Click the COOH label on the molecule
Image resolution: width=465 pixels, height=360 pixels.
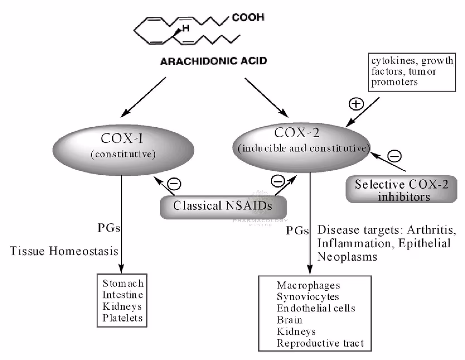coord(248,17)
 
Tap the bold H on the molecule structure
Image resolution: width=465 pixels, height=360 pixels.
coord(186,28)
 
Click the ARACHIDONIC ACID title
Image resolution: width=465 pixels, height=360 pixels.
coord(214,61)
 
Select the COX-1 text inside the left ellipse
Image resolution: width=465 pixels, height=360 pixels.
coord(122,138)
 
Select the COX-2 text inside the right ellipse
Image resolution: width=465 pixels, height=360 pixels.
coord(297,133)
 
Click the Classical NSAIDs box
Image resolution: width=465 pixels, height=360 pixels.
coord(223,206)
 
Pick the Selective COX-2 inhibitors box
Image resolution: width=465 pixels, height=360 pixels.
coord(401,190)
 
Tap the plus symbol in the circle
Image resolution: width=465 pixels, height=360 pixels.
coord(356,104)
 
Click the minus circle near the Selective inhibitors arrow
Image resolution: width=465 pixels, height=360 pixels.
coord(394,156)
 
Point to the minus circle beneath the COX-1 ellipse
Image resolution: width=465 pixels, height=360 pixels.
coord(174,184)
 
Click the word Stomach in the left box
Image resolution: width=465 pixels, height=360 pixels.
coord(123,283)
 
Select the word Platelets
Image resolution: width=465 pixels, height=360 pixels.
coord(122,318)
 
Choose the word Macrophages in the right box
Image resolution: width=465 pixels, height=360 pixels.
coord(308,285)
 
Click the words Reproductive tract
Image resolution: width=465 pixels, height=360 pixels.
coord(320,343)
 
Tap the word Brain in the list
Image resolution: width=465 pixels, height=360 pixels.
coord(289,320)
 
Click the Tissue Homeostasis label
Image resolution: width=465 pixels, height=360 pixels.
coord(64,251)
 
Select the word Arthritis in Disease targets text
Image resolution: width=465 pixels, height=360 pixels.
coord(431,230)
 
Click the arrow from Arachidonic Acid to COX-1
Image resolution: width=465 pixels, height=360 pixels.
coord(143,97)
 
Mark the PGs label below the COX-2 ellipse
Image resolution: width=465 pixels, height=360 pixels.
coord(297,231)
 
